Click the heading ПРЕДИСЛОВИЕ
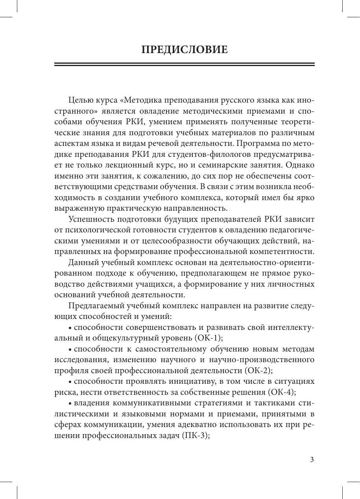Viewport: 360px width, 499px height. pos(184,50)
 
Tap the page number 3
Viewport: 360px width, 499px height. pos(312,460)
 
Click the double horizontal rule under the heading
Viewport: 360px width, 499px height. pos(184,64)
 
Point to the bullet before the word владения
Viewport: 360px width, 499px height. pos(70,403)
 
